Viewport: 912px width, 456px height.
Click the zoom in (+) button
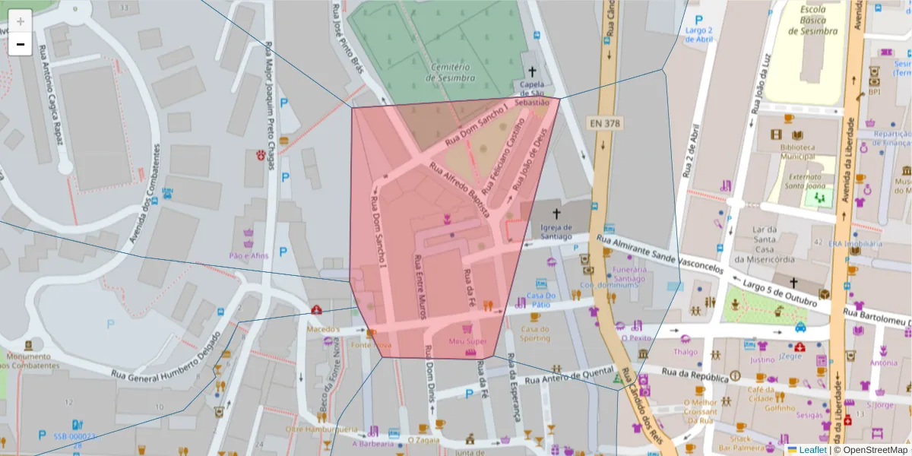pos(21,21)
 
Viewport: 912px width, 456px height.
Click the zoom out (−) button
pos(21,44)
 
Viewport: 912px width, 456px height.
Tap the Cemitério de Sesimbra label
pos(452,72)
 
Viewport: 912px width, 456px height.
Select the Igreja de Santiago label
pos(556,231)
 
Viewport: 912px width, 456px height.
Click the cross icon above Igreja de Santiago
pos(556,214)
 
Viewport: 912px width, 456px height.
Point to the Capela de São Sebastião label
pos(531,93)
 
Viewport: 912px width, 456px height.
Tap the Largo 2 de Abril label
pos(699,35)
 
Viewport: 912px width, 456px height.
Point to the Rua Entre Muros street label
pos(419,287)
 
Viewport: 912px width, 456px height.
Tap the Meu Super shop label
pos(467,341)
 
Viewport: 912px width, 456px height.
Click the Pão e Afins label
pos(249,255)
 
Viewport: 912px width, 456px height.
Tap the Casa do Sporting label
pos(535,334)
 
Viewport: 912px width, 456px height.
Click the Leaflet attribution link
pos(813,450)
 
